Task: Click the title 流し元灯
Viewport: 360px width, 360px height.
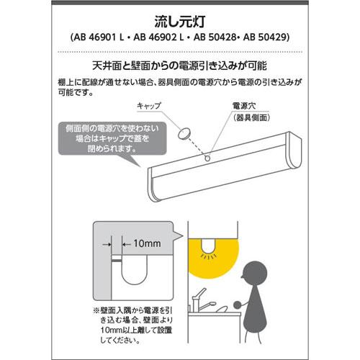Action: [x=179, y=20]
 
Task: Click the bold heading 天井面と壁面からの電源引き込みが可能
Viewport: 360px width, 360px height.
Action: [x=180, y=63]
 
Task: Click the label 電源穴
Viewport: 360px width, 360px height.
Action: [x=240, y=105]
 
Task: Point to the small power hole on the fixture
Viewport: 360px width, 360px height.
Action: [x=208, y=156]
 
